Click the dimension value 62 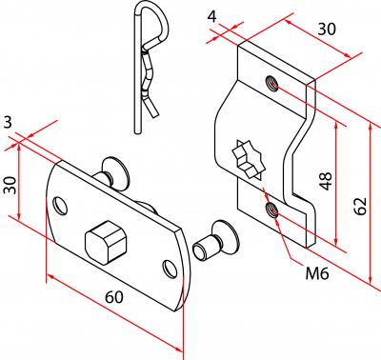click(361, 207)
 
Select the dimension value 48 click(326, 181)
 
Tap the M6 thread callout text click(317, 273)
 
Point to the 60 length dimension click(114, 297)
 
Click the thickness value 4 click(211, 16)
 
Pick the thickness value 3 click(8, 123)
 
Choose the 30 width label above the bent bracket click(327, 30)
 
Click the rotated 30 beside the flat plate click(10, 185)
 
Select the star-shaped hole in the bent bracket click(249, 159)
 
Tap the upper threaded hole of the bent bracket click(272, 83)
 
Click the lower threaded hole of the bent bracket click(272, 210)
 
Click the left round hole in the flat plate click(60, 206)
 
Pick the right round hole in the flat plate click(170, 269)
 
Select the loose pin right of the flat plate click(215, 240)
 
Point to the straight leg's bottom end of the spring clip click(137, 131)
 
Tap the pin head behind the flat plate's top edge click(115, 170)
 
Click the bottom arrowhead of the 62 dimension click(371, 279)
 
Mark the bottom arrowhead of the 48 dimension click(336, 242)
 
